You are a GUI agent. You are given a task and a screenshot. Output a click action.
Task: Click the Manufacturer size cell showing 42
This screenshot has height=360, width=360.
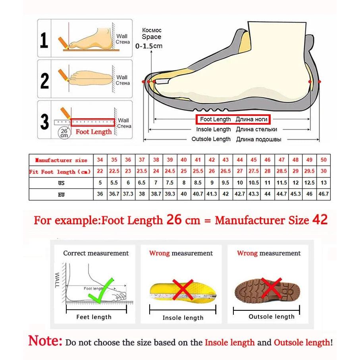[x=212, y=160]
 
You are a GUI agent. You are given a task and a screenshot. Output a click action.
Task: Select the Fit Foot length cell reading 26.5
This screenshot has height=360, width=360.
[x=225, y=171]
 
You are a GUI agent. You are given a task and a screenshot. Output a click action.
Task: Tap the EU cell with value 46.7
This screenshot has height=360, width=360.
[x=323, y=194]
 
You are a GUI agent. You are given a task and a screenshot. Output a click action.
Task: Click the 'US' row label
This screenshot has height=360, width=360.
[x=61, y=183]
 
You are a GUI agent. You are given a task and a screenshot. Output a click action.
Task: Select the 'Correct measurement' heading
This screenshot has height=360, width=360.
[x=96, y=253]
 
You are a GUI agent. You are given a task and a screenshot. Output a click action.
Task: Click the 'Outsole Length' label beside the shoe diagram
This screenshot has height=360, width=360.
[x=211, y=139]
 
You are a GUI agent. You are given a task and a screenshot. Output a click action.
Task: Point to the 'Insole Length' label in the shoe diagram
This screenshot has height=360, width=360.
[x=213, y=129]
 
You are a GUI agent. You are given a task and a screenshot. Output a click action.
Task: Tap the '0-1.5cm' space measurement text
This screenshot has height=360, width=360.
[x=149, y=46]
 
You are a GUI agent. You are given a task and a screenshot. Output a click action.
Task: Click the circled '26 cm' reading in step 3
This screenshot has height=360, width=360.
[x=64, y=133]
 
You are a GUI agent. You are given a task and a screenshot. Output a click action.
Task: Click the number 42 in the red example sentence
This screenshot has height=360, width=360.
[x=320, y=219]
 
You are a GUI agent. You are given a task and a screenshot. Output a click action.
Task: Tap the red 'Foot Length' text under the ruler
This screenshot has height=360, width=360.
[x=94, y=132]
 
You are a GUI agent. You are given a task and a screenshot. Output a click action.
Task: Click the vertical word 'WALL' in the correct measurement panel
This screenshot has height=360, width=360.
[x=57, y=280]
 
